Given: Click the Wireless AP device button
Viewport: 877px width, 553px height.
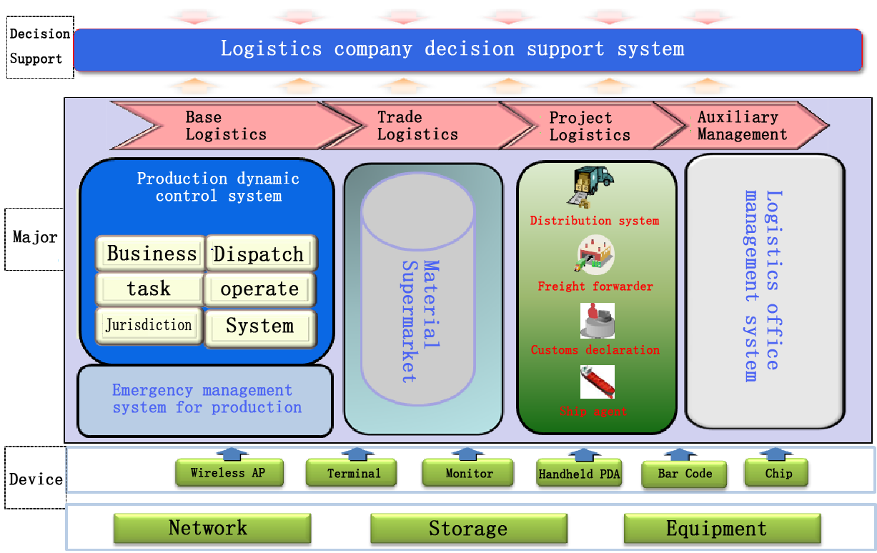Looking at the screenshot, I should coord(229,473).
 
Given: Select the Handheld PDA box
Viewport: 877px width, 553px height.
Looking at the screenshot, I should coord(580,474).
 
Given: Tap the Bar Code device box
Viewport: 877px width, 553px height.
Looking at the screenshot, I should coord(685,474).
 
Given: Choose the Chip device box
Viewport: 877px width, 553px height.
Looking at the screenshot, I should coord(778,473).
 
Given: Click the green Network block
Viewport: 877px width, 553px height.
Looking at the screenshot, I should coord(212,529).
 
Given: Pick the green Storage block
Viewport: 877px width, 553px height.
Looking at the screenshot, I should coord(468,529).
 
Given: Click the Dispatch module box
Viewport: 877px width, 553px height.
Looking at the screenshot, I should coord(260,254).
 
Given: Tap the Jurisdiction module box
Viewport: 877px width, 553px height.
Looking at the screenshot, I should coord(149,326).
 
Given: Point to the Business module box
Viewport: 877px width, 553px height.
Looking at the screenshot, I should coord(151,254).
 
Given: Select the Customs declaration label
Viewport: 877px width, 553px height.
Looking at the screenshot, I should coord(595,350).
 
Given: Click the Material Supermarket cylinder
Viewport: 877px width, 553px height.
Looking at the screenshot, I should coord(417,300).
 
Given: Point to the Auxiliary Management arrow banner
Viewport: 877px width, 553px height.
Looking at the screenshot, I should coord(743,126).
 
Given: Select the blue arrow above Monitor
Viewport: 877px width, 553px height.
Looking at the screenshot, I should coord(469,454).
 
